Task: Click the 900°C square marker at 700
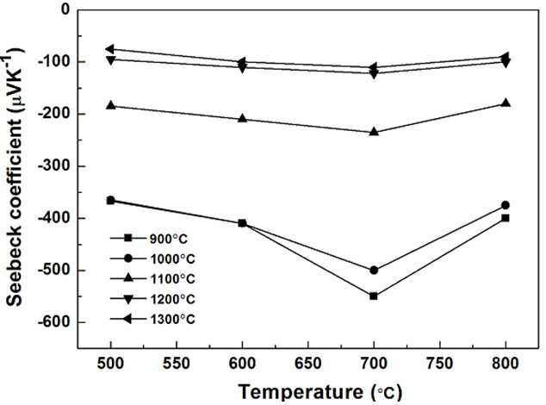(374, 296)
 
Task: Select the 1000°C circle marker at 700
(374, 270)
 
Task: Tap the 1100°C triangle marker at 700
(374, 131)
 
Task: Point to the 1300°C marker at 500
(110, 49)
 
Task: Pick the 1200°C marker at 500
(111, 60)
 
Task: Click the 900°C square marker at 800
(506, 218)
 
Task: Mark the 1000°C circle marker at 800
(506, 205)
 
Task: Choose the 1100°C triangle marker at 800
(506, 103)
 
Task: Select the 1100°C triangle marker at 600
(242, 118)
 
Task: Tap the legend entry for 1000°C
(152, 259)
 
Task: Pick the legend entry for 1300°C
(152, 319)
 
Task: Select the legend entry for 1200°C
(152, 299)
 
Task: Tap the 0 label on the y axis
(65, 9)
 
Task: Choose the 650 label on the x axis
(308, 364)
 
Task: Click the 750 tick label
(440, 364)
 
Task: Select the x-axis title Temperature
(301, 392)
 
